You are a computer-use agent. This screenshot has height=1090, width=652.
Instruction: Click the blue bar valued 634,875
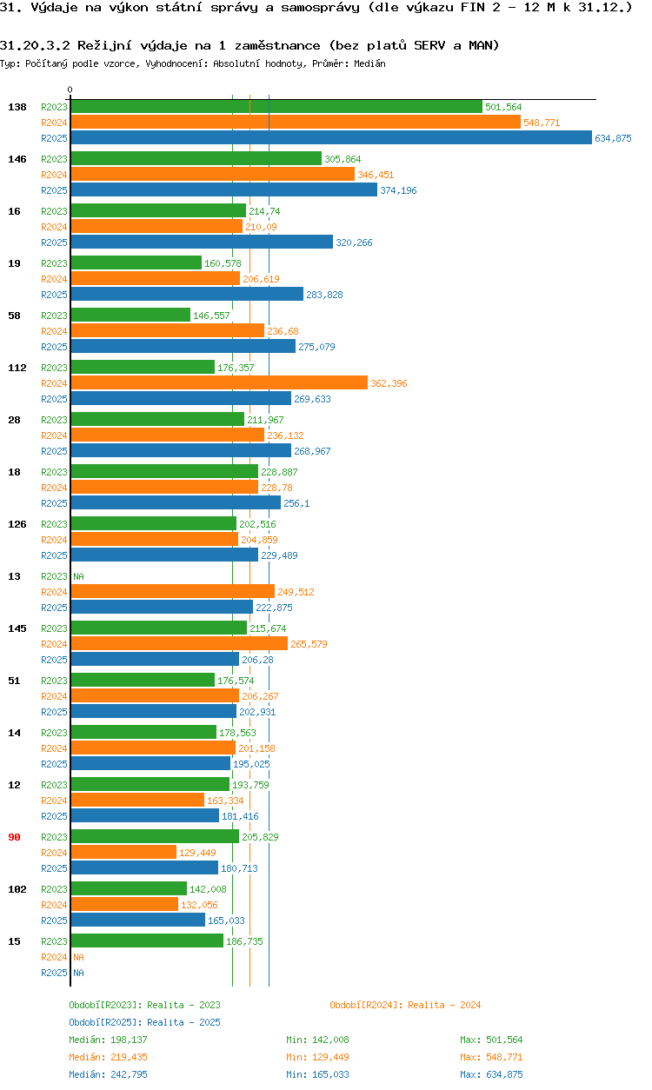click(330, 138)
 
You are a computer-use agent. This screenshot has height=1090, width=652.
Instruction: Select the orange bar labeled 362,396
click(219, 383)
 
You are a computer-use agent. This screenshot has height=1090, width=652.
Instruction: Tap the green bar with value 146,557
click(130, 316)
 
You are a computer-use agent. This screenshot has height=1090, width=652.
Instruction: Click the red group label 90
click(14, 837)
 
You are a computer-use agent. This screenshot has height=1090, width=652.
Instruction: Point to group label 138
click(17, 107)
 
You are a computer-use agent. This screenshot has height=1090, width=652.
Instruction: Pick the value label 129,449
click(197, 853)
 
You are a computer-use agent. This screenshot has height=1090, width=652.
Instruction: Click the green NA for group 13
click(78, 576)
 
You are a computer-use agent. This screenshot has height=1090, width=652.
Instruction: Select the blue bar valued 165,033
click(137, 921)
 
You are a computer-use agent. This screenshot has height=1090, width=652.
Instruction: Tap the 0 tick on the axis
click(70, 90)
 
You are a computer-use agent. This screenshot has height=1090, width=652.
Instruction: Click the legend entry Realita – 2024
click(404, 1005)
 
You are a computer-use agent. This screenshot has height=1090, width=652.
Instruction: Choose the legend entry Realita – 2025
click(144, 1022)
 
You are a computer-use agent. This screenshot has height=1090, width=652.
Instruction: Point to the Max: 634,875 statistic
click(491, 1074)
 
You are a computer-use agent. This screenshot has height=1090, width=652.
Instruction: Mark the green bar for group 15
click(147, 941)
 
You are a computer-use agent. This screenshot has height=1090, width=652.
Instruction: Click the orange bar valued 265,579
click(179, 644)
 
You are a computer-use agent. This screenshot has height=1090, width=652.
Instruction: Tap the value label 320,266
click(354, 243)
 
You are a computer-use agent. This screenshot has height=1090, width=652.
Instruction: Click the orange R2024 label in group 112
click(54, 383)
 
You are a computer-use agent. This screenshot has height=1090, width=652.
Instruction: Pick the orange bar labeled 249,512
click(172, 592)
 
